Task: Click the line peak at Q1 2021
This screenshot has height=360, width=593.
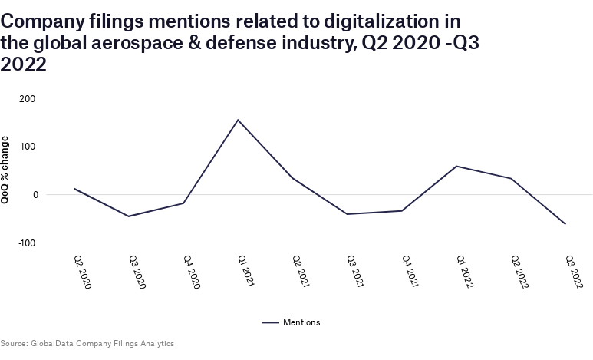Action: (x=238, y=120)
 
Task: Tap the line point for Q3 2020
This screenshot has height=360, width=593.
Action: (x=129, y=216)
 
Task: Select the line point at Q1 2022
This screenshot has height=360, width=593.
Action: (x=456, y=166)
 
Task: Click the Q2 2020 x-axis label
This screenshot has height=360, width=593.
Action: (x=82, y=272)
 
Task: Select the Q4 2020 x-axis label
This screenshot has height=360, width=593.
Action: (x=191, y=272)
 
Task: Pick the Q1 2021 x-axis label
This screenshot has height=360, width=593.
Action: (x=245, y=272)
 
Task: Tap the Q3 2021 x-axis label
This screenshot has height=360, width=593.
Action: (x=355, y=272)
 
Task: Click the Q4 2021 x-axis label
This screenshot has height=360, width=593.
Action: (x=410, y=272)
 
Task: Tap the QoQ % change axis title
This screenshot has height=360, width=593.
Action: (x=6, y=170)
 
